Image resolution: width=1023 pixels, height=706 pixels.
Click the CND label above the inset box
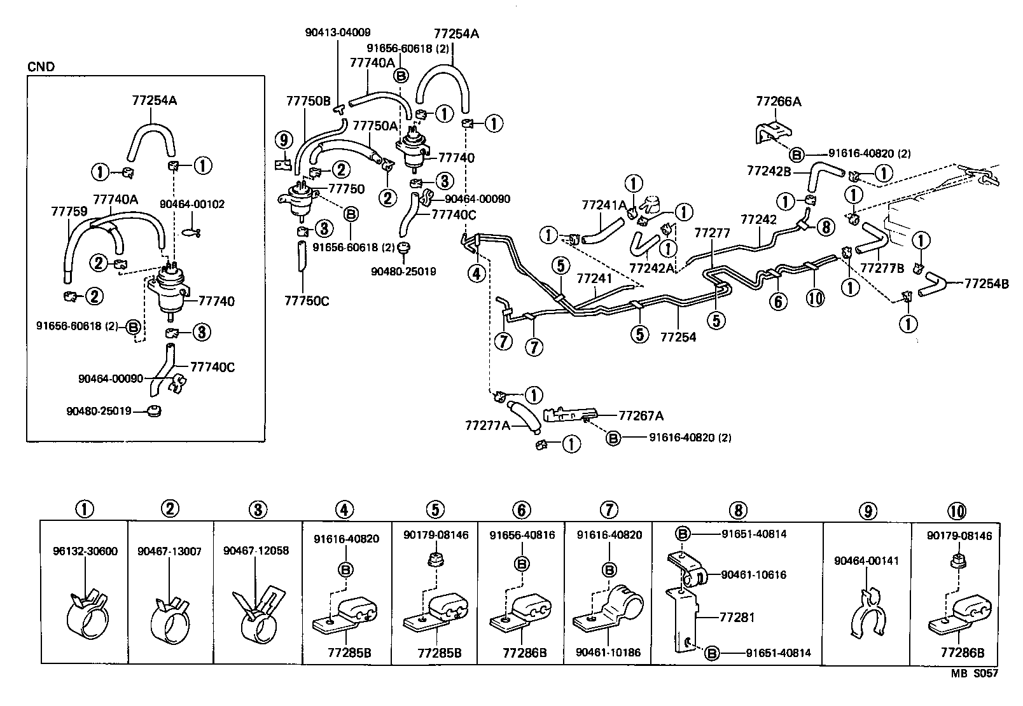click(41, 67)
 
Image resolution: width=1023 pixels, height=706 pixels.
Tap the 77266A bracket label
click(778, 101)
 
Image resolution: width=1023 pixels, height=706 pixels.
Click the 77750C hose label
click(307, 301)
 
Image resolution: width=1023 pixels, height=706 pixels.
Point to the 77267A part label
click(641, 415)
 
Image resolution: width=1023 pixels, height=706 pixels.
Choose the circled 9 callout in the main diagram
click(284, 139)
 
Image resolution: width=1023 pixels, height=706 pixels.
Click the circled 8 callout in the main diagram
click(825, 227)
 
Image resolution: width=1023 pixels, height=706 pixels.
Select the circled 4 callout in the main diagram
click(477, 273)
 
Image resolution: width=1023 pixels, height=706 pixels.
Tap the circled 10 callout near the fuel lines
click(815, 298)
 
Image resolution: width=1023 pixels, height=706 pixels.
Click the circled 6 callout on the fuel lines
click(778, 301)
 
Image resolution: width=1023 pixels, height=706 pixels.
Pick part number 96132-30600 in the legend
click(85, 551)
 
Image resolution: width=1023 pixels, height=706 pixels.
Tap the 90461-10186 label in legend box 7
click(608, 653)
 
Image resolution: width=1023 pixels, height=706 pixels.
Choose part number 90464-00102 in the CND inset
click(191, 204)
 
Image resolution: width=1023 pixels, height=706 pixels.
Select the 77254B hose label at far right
click(986, 284)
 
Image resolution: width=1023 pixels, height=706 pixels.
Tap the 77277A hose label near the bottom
click(488, 425)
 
